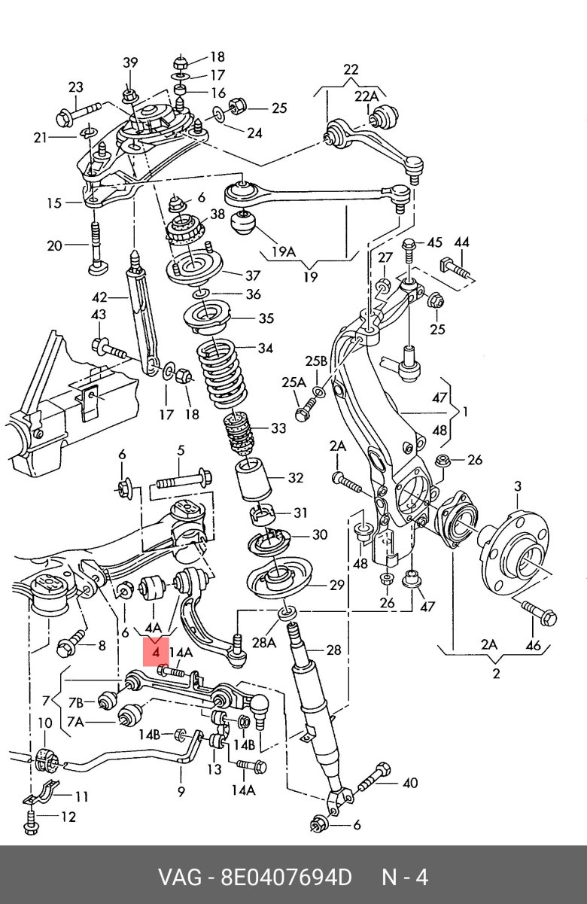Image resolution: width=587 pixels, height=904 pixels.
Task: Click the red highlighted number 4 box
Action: click(x=156, y=653)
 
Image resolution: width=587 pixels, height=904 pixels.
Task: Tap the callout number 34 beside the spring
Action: click(x=265, y=348)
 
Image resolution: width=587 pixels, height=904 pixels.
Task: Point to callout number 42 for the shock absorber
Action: click(x=99, y=297)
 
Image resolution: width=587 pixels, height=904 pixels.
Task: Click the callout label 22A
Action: click(x=367, y=97)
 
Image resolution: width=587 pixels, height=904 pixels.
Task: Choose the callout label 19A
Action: click(x=284, y=252)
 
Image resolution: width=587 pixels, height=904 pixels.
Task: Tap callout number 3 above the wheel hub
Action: click(x=518, y=486)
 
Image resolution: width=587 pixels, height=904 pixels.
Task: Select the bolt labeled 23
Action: click(x=80, y=113)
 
